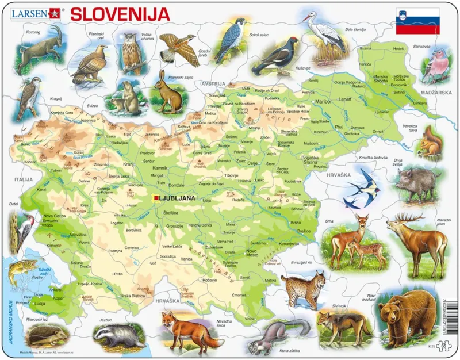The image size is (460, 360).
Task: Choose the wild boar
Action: [419, 181]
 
